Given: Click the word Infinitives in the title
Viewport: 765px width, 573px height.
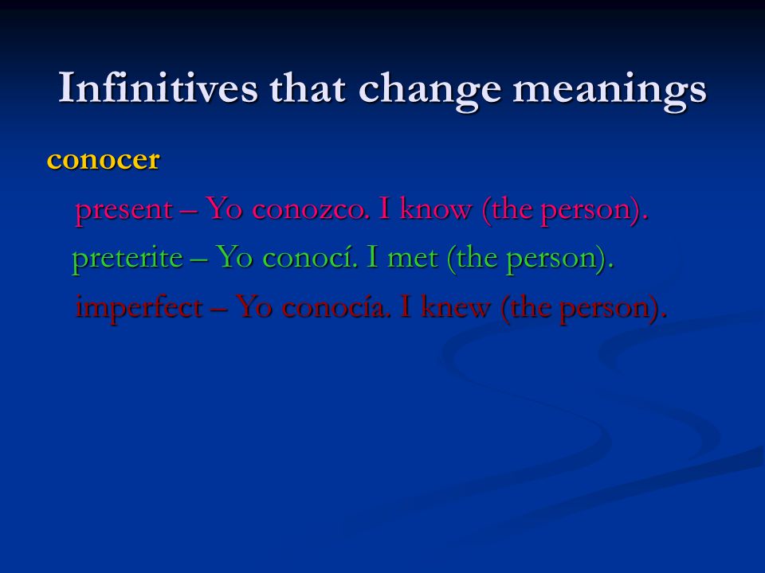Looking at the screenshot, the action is pyautogui.click(x=158, y=88).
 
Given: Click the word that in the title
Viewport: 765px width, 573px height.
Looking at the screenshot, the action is pyautogui.click(x=308, y=88).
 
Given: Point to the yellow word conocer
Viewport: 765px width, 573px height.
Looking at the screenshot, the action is pyautogui.click(x=103, y=160).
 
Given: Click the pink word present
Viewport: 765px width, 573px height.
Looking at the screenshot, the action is pyautogui.click(x=124, y=211).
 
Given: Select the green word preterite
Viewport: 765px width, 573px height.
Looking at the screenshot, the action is pyautogui.click(x=127, y=258).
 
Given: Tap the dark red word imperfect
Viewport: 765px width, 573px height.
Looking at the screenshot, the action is pyautogui.click(x=139, y=309).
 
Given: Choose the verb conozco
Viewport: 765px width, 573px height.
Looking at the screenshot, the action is pyautogui.click(x=311, y=210).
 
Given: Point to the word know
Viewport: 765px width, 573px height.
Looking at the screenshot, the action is pyautogui.click(x=435, y=209).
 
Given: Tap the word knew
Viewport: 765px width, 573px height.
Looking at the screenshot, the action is pyautogui.click(x=455, y=307).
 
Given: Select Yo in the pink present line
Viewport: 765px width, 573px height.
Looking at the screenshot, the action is pyautogui.click(x=224, y=209).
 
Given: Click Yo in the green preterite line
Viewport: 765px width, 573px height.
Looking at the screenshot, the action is pyautogui.click(x=234, y=257).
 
